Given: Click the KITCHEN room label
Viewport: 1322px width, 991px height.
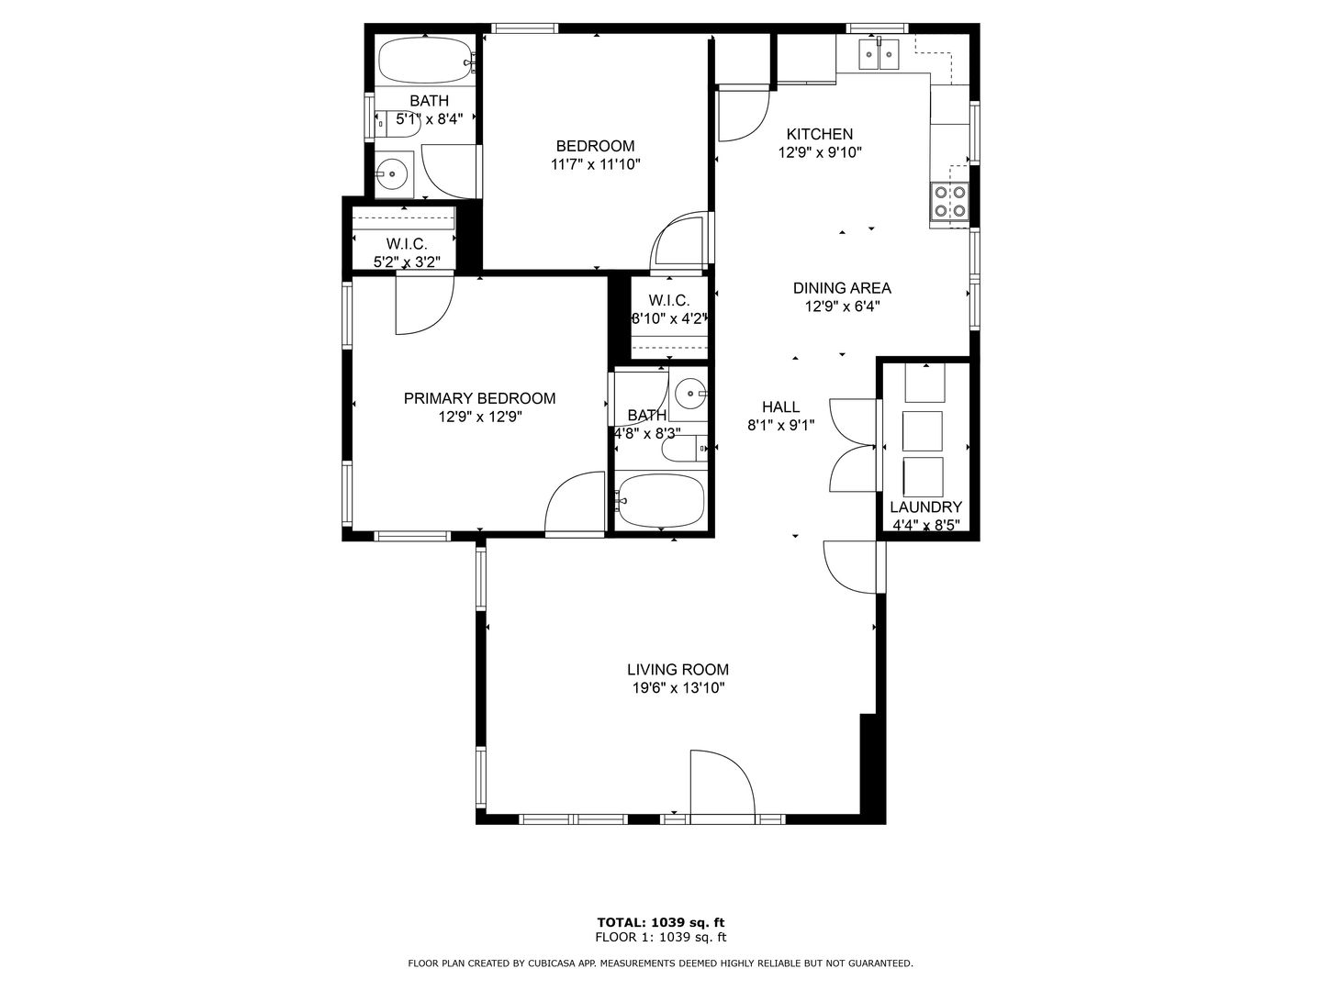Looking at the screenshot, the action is tap(819, 134).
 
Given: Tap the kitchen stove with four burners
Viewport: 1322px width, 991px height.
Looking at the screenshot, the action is tap(949, 202).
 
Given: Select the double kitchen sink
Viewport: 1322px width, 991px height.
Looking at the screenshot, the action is tap(879, 54).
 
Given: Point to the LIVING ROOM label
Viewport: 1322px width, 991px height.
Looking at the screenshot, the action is tap(678, 669).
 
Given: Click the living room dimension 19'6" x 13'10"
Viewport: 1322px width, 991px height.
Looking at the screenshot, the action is tap(678, 688).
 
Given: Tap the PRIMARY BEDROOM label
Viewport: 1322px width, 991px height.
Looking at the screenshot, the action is tap(479, 397).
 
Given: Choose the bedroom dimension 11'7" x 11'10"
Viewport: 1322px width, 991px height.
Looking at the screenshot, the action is tap(595, 163).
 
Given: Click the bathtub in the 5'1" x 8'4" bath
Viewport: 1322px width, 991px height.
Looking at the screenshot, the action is tap(425, 61).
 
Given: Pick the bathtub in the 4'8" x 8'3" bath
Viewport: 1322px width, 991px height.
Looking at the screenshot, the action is tap(661, 500).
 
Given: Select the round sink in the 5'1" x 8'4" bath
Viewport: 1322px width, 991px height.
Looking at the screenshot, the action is tap(392, 174).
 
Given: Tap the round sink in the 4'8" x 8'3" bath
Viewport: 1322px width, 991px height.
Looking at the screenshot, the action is tap(689, 394).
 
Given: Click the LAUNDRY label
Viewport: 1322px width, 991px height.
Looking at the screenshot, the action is tap(925, 507).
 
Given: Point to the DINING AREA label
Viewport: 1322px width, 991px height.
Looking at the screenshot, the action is tap(842, 287).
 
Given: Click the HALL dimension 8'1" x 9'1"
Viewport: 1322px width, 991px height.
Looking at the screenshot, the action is tap(780, 425).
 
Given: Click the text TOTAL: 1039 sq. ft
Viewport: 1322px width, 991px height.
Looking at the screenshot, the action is tap(661, 922).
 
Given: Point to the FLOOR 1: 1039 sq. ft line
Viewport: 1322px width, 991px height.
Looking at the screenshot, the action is tap(661, 937).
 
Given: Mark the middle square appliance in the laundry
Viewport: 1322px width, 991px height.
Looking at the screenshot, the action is tap(922, 431).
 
